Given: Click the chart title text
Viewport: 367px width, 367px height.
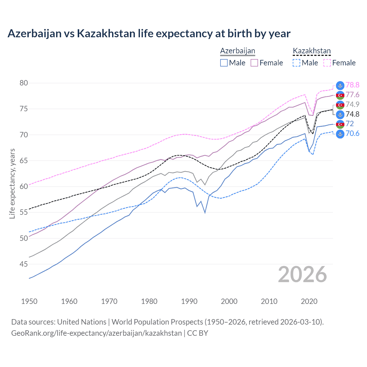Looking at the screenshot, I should [x=149, y=34].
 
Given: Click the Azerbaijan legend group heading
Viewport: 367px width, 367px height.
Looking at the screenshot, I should [x=237, y=51].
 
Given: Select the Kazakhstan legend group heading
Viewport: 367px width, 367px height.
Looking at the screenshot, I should [x=312, y=51].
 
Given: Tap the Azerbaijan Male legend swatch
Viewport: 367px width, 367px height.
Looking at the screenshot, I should [x=224, y=63].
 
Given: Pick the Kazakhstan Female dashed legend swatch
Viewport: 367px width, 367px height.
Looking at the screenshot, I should [x=327, y=63].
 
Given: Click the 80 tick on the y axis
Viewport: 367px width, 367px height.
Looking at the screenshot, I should [x=24, y=83].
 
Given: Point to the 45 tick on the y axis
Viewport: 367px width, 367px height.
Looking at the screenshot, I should [x=24, y=264].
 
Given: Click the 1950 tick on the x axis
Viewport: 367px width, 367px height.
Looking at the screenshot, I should [x=29, y=301].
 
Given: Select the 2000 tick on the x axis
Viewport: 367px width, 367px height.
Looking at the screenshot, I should [x=229, y=301].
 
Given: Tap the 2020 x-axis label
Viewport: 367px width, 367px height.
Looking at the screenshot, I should [x=309, y=301].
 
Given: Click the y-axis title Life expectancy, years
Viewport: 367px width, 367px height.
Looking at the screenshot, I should [x=12, y=183].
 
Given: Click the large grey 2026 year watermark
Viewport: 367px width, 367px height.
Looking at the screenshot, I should [x=302, y=274].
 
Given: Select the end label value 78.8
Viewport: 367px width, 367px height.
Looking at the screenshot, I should [x=352, y=85].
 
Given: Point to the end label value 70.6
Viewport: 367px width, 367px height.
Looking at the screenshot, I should [x=352, y=133].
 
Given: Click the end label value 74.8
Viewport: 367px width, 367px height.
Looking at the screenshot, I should [x=352, y=114].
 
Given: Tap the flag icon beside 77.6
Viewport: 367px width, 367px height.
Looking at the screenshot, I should [x=340, y=95].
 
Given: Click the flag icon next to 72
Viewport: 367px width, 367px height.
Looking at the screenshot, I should [x=340, y=124].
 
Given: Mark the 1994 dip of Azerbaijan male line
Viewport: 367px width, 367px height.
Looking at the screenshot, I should [x=205, y=212].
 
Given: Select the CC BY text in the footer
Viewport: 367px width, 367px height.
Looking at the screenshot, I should [x=198, y=333].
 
